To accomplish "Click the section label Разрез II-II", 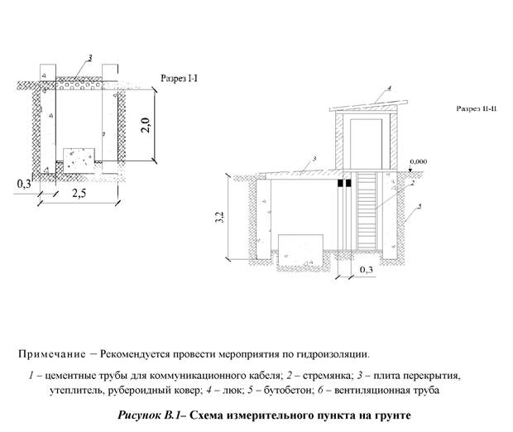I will point(476,108).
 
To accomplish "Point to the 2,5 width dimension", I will point(79,194).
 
